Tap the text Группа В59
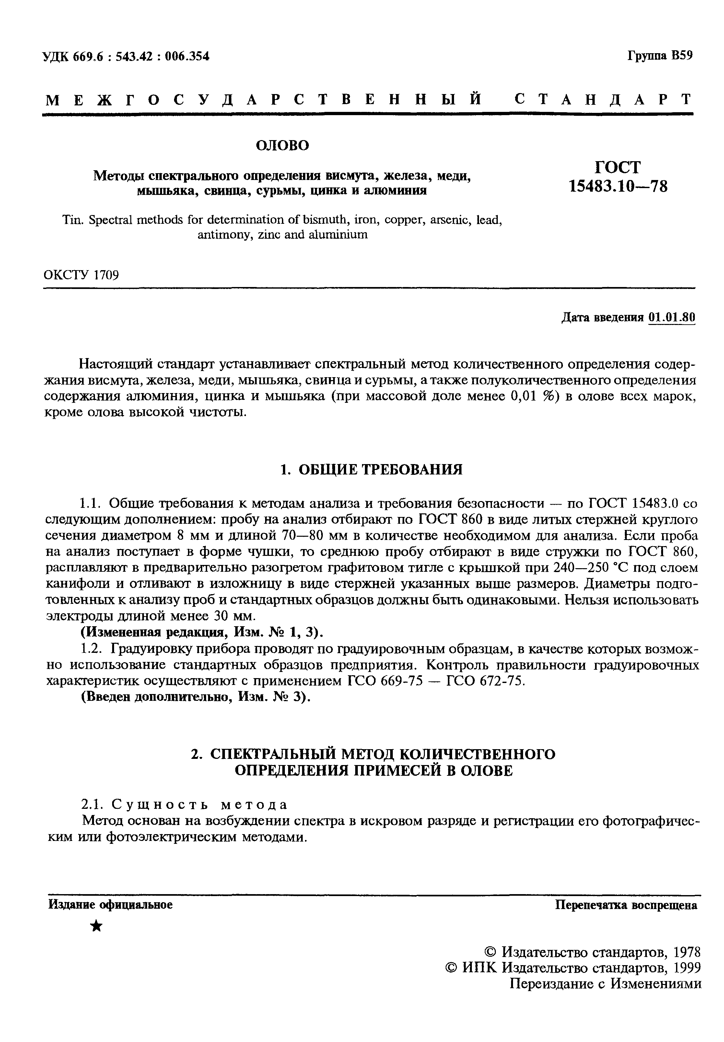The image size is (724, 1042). tap(660, 55)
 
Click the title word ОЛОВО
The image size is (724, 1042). tap(282, 145)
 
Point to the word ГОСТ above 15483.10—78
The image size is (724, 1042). tap(617, 167)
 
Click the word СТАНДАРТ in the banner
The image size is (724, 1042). tap(604, 99)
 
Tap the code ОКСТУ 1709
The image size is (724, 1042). tap(81, 275)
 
